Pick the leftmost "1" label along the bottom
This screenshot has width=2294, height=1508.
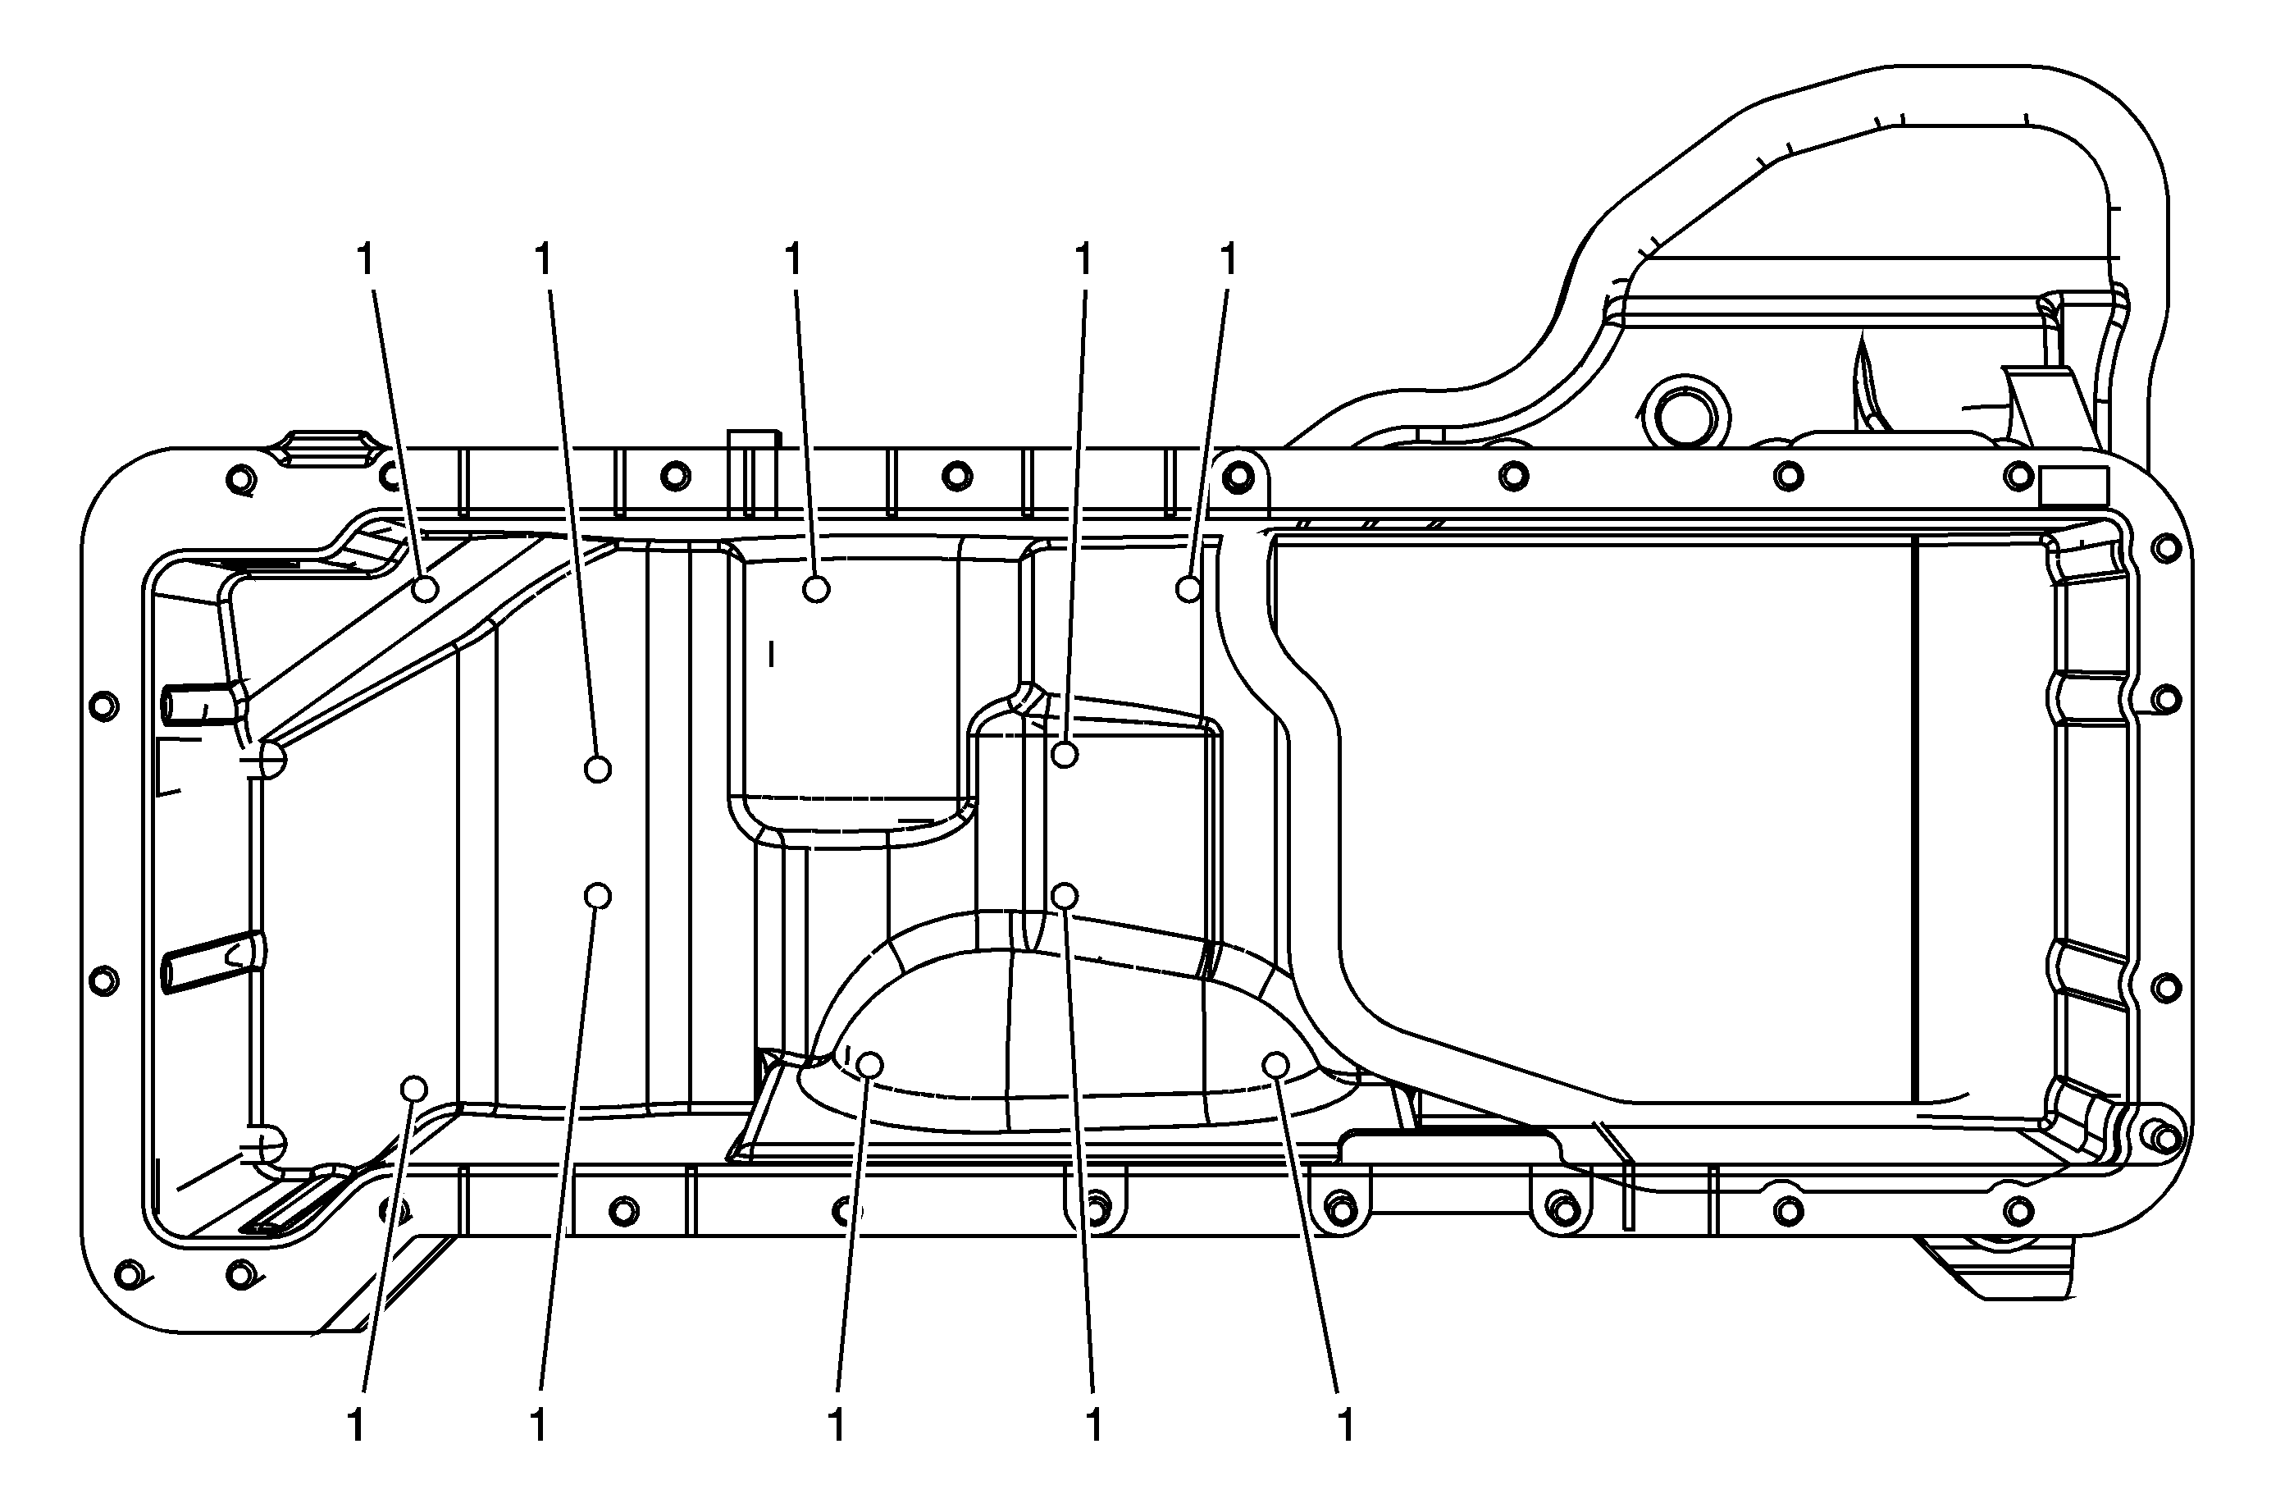click(x=356, y=1425)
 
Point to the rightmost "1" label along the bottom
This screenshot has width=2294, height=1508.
click(x=1347, y=1425)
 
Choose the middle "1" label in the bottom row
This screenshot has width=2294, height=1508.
click(x=837, y=1425)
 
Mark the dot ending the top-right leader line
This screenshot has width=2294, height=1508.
click(x=1189, y=588)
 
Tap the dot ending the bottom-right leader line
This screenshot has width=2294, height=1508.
click(x=1275, y=1064)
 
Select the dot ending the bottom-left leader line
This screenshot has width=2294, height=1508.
click(x=413, y=1089)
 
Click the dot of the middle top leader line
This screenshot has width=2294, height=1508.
click(x=816, y=588)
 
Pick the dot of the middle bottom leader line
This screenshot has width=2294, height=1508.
click(x=869, y=1064)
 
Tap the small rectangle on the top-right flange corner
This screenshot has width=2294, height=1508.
click(x=2073, y=484)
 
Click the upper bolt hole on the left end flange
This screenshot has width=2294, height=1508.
click(x=103, y=706)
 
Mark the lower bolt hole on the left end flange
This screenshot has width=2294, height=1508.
click(x=103, y=981)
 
